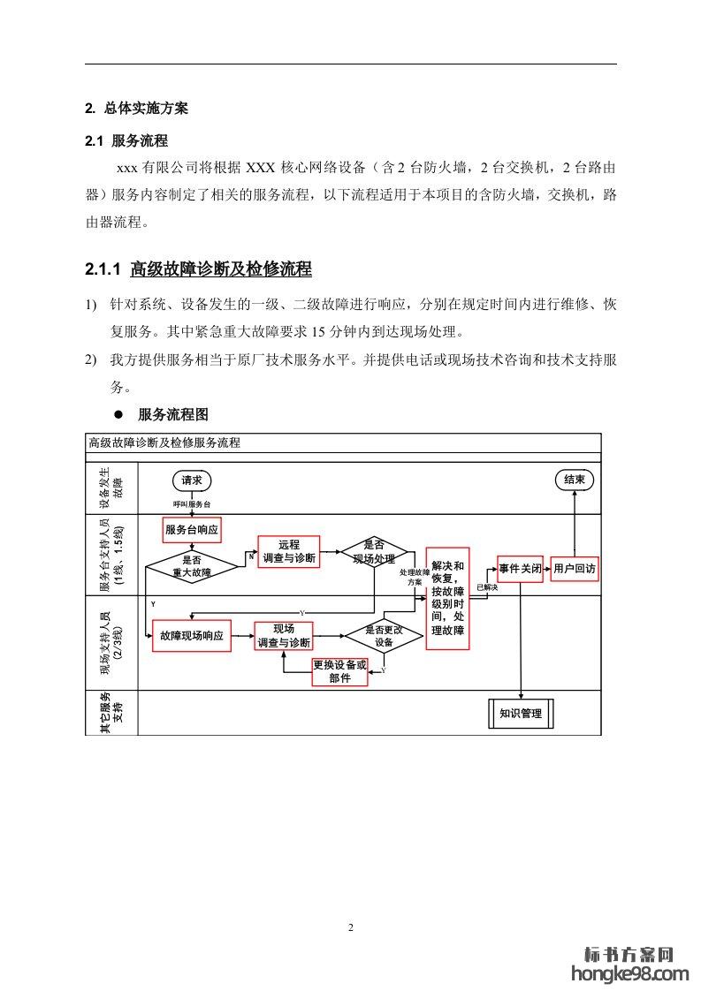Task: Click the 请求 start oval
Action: [192, 480]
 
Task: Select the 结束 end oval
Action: [574, 480]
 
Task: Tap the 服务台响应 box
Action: [192, 530]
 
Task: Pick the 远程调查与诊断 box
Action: [288, 552]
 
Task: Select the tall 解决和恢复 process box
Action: [447, 598]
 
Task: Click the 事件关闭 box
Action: [520, 570]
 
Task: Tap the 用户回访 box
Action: [575, 570]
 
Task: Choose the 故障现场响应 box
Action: [192, 636]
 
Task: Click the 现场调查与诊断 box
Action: [284, 636]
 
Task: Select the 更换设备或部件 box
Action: [339, 672]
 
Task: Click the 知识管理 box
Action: [521, 714]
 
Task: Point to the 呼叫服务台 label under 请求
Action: [192, 503]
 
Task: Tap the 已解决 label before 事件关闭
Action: [487, 586]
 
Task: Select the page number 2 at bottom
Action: [351, 927]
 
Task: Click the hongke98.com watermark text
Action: [629, 973]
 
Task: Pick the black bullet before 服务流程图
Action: [114, 414]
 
